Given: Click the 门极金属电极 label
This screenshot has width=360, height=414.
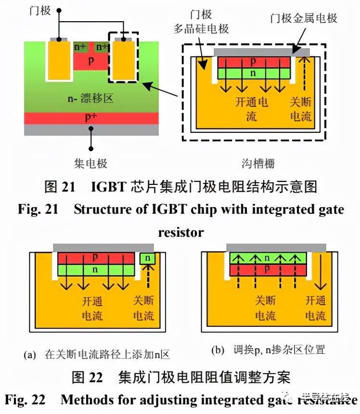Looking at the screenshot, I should click(304, 18).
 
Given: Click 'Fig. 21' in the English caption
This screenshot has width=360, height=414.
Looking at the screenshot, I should click(38, 210).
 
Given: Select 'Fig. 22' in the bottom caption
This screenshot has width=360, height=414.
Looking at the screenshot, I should click(25, 400).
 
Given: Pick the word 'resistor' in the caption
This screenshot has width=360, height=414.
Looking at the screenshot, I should click(180, 233).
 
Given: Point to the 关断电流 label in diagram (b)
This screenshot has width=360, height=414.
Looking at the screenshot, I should click(265, 308).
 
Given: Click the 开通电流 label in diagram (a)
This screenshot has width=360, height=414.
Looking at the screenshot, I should click(92, 309).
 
